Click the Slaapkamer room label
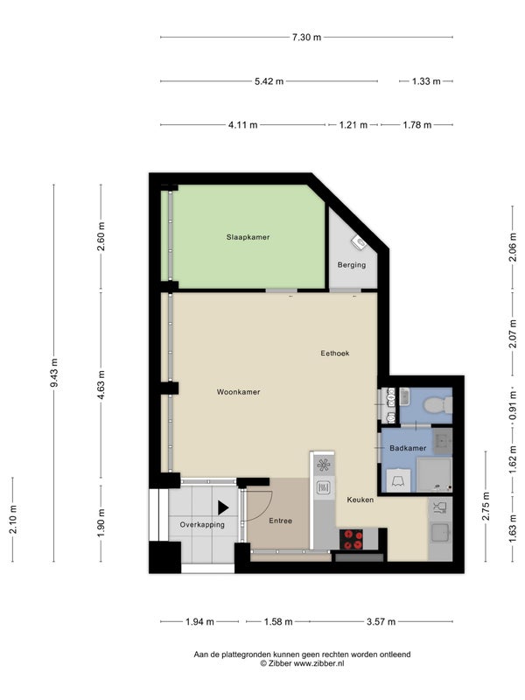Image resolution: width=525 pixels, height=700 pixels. coord(248,237)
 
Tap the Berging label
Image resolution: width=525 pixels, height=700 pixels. coord(352,265)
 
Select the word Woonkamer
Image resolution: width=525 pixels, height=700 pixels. coord(238,392)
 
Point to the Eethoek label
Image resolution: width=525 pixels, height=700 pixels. coord(335,353)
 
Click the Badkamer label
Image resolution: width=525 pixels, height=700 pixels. coord(408,448)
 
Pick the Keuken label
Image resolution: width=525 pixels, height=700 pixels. coord(360,500)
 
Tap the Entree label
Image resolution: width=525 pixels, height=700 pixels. coord(280,521)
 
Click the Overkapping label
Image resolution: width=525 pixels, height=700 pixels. coord(202,525)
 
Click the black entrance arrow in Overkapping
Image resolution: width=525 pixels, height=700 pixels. coord(223,507)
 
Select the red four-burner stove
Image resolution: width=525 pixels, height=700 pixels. coord(352,539)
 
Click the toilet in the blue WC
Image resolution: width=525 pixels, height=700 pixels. coord(438,405)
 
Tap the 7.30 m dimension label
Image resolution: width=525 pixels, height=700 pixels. coord(307,37)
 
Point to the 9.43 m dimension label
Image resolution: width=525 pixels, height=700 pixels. coord(54,373)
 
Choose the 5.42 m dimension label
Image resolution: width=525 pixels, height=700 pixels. coord(269,81)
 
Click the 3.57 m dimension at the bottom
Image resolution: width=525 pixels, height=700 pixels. coord(381,621)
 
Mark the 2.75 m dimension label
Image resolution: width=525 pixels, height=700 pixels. coord(486,507)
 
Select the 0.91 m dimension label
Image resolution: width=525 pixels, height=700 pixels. coord(513,405)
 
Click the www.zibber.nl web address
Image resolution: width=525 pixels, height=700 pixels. coord(318,663)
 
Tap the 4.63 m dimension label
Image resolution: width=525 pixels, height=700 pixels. coord(101,385)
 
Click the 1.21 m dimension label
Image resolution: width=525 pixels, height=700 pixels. coord(353,125)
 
